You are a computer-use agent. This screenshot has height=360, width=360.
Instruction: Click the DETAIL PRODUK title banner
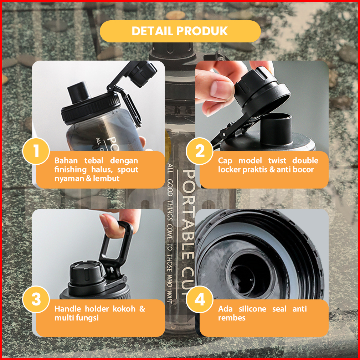point(180,31)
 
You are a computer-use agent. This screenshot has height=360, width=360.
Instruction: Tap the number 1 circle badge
point(36,151)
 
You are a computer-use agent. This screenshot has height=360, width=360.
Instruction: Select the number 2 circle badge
point(200,151)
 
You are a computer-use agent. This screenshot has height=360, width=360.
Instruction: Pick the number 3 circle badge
point(36,299)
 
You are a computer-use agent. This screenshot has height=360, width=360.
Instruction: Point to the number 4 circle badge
point(200,299)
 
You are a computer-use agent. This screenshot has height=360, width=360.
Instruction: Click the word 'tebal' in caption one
point(94,160)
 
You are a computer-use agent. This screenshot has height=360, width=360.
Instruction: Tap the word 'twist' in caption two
point(277,160)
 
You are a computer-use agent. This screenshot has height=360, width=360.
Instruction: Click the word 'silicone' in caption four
point(253,309)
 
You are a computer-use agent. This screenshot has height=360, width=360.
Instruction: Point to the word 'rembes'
point(232,318)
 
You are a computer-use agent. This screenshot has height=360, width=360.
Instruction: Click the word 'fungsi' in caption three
point(87,318)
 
